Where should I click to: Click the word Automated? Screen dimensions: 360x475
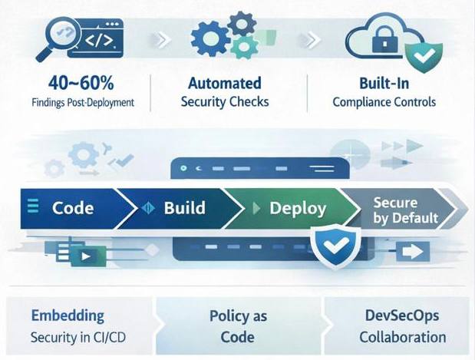(x=225, y=83)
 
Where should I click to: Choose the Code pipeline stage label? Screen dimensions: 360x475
(x=73, y=207)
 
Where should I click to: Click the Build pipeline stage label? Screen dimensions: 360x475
(x=184, y=207)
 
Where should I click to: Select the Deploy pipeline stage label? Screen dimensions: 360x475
(x=297, y=208)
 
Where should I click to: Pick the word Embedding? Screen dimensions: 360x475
(x=68, y=315)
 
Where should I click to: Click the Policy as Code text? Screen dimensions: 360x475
(x=237, y=326)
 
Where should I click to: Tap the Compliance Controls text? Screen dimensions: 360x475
(x=384, y=101)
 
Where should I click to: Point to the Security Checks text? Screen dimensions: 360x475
(x=225, y=101)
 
